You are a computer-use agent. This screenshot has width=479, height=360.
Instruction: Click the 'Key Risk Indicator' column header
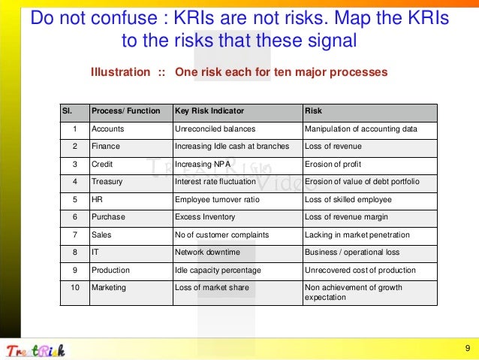(209, 111)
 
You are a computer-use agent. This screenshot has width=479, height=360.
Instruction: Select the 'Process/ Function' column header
(125, 111)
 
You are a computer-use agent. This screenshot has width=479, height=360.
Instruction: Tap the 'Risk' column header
(313, 111)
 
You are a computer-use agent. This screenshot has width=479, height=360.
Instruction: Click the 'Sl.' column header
(67, 111)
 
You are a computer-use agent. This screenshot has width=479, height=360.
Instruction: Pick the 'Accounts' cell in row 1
(107, 129)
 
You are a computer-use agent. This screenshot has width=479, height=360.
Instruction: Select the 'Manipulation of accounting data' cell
(360, 129)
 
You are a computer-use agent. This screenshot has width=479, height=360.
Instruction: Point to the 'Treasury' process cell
(107, 182)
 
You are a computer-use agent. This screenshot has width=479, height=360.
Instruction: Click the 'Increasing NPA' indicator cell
(200, 164)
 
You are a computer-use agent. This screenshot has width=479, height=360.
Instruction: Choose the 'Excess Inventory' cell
(204, 217)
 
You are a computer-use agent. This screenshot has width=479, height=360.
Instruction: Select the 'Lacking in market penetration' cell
(356, 234)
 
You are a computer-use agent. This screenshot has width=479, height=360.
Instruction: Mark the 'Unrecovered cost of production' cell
(360, 270)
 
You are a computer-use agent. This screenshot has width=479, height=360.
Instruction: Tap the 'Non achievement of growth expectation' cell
(353, 292)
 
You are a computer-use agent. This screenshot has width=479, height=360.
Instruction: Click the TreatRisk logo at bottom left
(35, 349)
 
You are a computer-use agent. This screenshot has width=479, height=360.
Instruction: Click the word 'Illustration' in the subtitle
(120, 72)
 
